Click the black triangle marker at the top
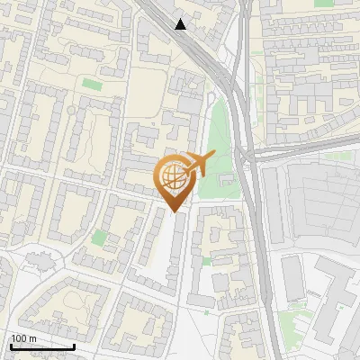(181, 24)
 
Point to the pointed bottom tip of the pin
(174, 211)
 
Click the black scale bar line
(42, 346)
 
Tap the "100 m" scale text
(23, 339)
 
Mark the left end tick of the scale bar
(11, 345)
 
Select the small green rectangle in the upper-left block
(92, 84)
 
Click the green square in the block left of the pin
(99, 237)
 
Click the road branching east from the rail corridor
(306, 153)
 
